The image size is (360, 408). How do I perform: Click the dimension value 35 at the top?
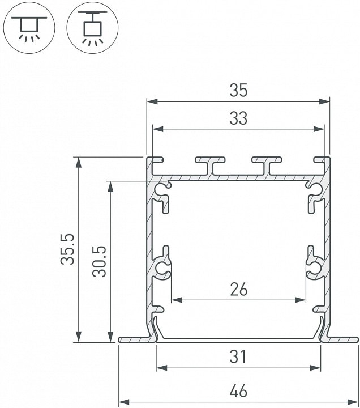[x=238, y=90]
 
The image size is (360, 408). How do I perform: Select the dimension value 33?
[x=238, y=118]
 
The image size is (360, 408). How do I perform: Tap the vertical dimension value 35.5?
[x=67, y=249]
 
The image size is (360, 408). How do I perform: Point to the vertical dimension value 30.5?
[x=99, y=261]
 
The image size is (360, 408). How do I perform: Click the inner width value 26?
[x=239, y=290]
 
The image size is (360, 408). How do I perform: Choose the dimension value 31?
[x=238, y=356]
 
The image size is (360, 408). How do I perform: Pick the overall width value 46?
[x=239, y=390]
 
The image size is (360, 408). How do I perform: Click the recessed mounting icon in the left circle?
[x=29, y=28]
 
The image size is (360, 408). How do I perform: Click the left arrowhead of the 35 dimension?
[x=152, y=101]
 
